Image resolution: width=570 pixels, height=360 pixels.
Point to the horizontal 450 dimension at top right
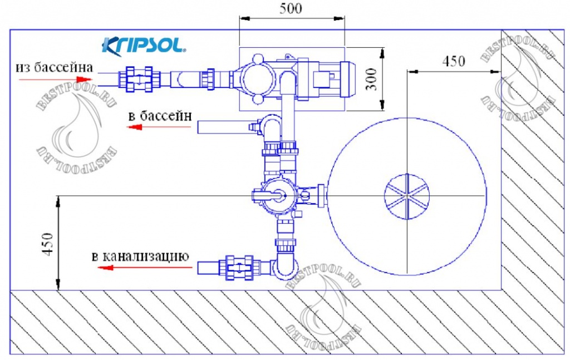(454, 61)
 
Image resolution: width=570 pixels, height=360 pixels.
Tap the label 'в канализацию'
(141, 257)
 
